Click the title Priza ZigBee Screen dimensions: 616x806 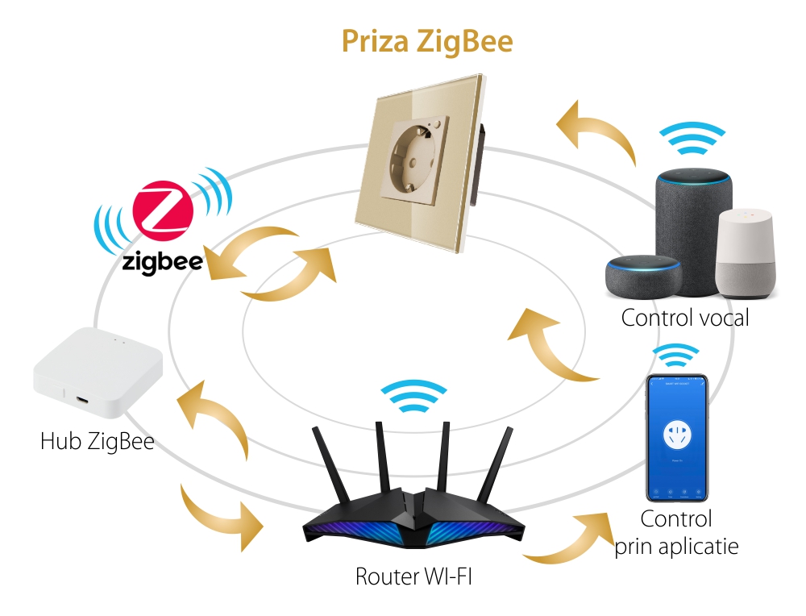coord(426,41)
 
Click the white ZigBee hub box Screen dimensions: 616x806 coord(98,372)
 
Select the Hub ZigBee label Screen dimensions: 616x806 coord(97,441)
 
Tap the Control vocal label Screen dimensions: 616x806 coord(685,318)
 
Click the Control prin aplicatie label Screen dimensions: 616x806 coord(676,533)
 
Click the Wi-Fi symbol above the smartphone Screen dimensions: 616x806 coord(675,355)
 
